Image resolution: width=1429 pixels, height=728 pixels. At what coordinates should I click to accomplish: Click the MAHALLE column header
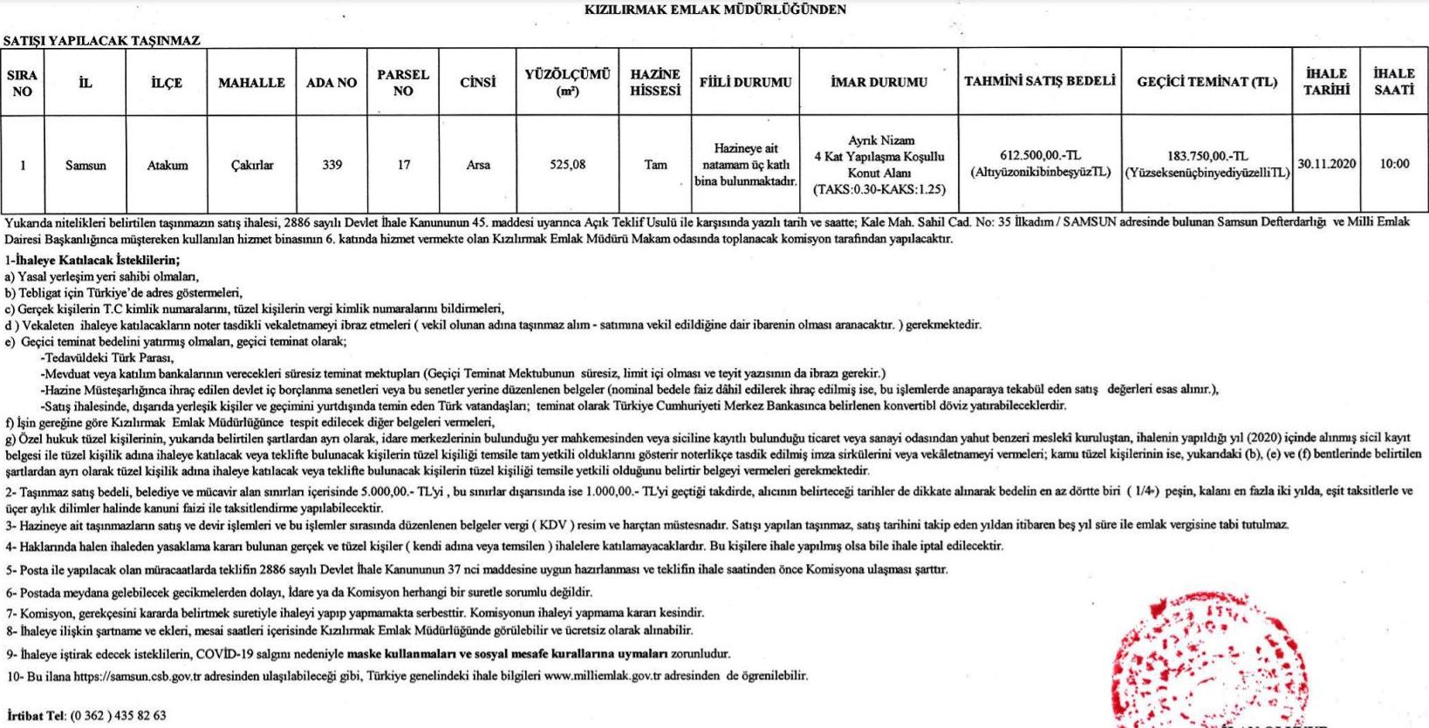click(x=251, y=83)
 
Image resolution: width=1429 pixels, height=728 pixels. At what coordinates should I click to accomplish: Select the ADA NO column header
click(x=332, y=83)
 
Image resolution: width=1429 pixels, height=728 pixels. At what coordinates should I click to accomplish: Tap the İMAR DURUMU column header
click(x=879, y=83)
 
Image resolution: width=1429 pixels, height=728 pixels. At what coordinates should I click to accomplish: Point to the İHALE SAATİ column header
click(x=1393, y=82)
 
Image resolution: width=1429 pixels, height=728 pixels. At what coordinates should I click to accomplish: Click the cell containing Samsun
click(x=85, y=165)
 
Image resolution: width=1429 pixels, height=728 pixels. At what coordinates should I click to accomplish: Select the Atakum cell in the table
click(x=167, y=165)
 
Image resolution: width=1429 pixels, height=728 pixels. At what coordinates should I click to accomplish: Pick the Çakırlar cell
click(x=251, y=165)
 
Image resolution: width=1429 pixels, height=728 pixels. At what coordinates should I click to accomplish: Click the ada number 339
click(x=332, y=164)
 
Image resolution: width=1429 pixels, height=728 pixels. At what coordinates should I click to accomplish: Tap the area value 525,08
click(x=567, y=164)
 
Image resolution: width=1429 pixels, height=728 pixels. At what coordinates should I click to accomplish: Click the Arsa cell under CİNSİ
click(x=478, y=165)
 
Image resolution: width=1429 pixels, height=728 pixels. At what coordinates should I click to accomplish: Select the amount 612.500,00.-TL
click(x=1040, y=156)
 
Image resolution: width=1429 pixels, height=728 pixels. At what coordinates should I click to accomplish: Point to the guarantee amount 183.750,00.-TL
click(x=1207, y=156)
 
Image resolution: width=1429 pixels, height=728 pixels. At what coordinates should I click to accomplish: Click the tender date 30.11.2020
click(x=1326, y=164)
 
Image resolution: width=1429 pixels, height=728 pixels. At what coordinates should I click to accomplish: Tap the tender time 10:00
click(x=1394, y=164)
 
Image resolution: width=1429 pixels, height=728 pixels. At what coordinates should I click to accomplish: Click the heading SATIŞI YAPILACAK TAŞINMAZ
click(x=102, y=40)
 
